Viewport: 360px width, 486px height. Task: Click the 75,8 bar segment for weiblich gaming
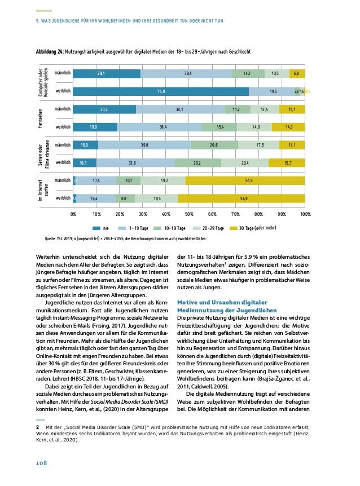point(161,91)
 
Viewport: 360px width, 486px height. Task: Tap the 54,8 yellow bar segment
point(242,198)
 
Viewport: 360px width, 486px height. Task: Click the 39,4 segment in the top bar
point(186,73)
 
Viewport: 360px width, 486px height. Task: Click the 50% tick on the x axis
point(189,214)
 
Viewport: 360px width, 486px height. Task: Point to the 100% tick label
point(305,214)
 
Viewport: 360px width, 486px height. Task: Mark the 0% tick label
point(73,214)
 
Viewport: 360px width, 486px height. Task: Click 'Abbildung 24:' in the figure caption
point(49,52)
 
